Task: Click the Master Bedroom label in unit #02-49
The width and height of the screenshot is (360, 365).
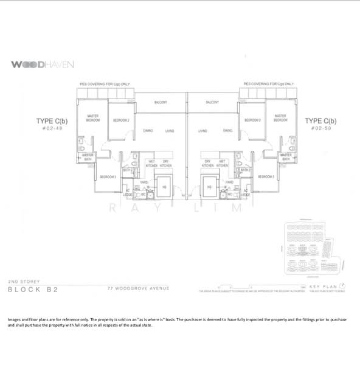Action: (x=93, y=118)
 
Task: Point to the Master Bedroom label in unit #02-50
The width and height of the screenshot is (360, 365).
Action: (x=280, y=118)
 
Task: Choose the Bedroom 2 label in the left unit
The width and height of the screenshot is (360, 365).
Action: (x=121, y=120)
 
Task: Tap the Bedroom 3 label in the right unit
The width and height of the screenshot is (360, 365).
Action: (x=266, y=176)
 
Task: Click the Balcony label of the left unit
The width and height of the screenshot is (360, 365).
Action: (x=161, y=102)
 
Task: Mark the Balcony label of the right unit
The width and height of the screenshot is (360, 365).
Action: (x=212, y=102)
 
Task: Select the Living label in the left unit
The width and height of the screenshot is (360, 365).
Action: (x=170, y=130)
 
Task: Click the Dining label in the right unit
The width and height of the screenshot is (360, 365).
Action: (x=227, y=130)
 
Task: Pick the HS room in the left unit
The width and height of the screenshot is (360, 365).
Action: (x=164, y=188)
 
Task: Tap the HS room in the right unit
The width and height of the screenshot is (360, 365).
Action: (x=209, y=188)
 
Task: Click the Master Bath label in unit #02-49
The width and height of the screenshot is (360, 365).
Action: (x=88, y=157)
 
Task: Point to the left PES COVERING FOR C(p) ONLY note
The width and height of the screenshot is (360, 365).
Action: (x=105, y=83)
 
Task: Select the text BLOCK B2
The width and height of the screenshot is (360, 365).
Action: (x=33, y=290)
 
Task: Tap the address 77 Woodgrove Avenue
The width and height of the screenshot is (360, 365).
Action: (x=137, y=288)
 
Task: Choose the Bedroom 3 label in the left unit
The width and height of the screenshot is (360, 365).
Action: (x=108, y=176)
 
